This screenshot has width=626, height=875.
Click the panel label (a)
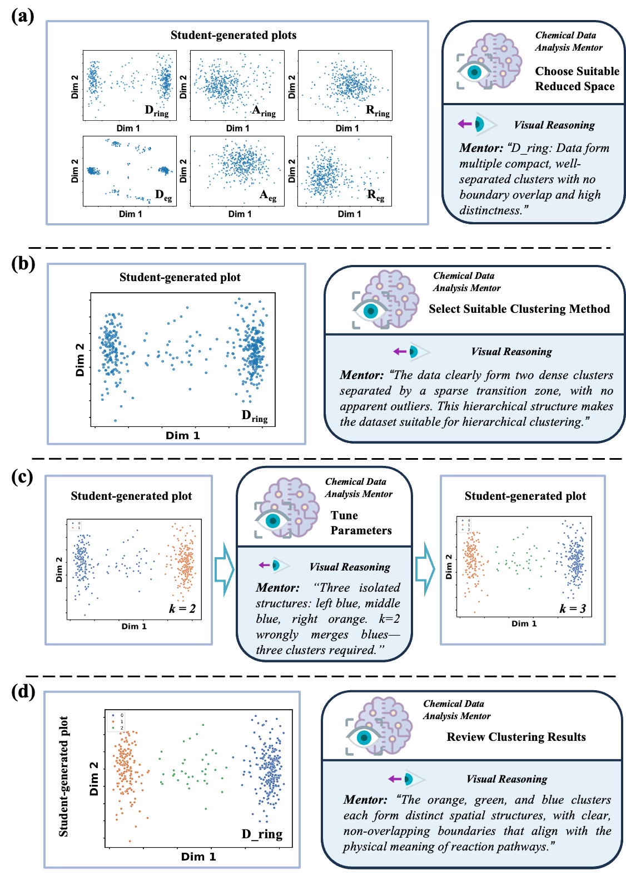pyautogui.click(x=23, y=16)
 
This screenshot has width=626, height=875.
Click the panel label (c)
pyautogui.click(x=22, y=476)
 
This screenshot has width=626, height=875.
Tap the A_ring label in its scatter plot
pyautogui.click(x=264, y=111)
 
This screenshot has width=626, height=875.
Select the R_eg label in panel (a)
pyautogui.click(x=376, y=195)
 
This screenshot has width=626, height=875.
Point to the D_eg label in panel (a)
pyautogui.click(x=163, y=195)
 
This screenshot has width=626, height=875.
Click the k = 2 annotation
pyautogui.click(x=182, y=608)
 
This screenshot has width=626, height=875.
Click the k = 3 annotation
pyautogui.click(x=573, y=608)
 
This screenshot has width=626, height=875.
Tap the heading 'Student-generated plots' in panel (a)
pyautogui.click(x=233, y=35)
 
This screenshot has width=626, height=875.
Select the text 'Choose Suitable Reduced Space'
pyautogui.click(x=577, y=78)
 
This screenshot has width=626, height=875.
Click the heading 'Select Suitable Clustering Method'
pyautogui.click(x=519, y=309)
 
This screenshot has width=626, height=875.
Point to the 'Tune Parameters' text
pyautogui.click(x=361, y=523)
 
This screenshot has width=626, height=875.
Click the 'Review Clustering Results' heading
pyautogui.click(x=516, y=737)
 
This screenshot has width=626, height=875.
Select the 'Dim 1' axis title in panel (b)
pyautogui.click(x=182, y=435)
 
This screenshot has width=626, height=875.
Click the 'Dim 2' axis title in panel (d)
pyautogui.click(x=93, y=778)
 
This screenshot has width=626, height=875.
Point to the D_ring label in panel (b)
pyautogui.click(x=255, y=416)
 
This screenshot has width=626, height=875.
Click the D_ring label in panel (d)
pyautogui.click(x=262, y=834)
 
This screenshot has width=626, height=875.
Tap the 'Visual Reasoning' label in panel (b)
pyautogui.click(x=511, y=352)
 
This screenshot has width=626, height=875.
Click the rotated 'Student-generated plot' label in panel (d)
pyautogui.click(x=64, y=776)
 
